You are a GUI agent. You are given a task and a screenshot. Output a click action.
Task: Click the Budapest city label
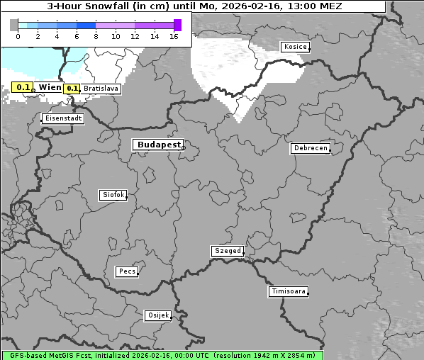coord(158,145)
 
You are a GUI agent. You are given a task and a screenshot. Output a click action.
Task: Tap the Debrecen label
coord(310,149)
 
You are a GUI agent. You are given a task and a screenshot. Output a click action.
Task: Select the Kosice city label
coord(294,47)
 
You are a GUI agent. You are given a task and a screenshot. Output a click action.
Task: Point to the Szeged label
coord(228,251)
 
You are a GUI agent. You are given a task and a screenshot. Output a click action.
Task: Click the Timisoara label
coord(289,291)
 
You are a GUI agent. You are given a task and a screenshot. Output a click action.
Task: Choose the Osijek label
coord(158,315)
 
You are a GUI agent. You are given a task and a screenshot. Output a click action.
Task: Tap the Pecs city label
coord(127,271)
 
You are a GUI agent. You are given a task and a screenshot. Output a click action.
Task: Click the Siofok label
coord(112,195)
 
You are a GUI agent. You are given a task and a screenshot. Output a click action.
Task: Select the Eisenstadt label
coord(63,118)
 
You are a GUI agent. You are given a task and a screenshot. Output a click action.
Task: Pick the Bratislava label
coord(101,89)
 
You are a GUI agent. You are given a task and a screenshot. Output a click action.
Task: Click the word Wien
coord(50,87)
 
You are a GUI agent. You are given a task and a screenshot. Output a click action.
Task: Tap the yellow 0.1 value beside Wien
coord(23,87)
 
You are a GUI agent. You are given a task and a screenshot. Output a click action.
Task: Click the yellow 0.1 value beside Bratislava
coord(71,89)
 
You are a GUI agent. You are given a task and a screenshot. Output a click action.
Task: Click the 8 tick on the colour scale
coord(96,35)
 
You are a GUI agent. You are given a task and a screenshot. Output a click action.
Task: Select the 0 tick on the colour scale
coord(18,35)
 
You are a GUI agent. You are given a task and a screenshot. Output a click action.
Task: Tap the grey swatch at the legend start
coord(13,25)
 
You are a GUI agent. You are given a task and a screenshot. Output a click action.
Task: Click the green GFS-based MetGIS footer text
coord(162,355)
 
